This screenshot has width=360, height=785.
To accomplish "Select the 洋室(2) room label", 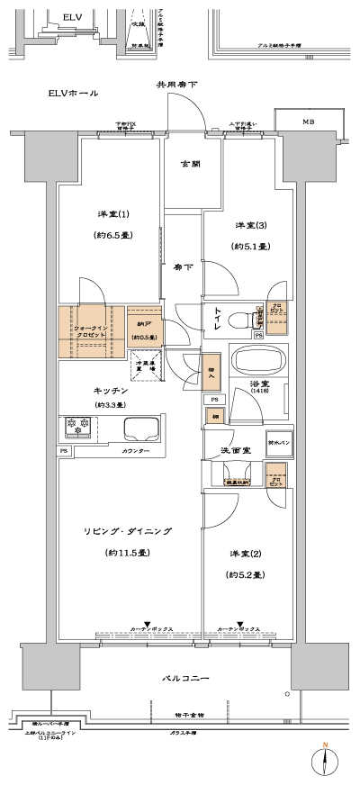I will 247,551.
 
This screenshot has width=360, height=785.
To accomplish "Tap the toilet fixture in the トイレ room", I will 238,320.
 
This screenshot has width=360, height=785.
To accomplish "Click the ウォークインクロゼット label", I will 90,330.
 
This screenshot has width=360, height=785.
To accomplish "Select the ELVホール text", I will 73,94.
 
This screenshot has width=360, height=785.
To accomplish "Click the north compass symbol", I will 327,760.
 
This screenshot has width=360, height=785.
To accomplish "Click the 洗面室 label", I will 225,448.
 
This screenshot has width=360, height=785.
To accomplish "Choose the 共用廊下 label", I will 177,85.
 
